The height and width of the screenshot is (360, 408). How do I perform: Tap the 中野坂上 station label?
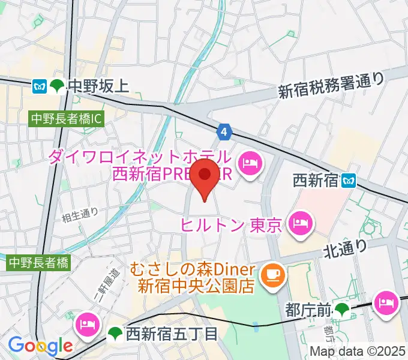(98, 86)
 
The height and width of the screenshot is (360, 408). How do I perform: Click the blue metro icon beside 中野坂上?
(40, 86)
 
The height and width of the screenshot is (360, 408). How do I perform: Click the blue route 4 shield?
(224, 131)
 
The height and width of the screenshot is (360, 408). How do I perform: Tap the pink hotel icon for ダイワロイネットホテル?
(249, 161)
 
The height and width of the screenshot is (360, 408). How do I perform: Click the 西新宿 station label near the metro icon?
(315, 179)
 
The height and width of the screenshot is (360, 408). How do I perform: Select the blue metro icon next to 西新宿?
(349, 179)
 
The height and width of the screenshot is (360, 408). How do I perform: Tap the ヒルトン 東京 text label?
(232, 226)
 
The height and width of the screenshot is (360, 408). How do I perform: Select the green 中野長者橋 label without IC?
(39, 262)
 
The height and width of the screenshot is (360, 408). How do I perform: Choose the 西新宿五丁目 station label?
(171, 334)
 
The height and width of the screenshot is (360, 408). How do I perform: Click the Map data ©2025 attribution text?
(358, 352)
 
